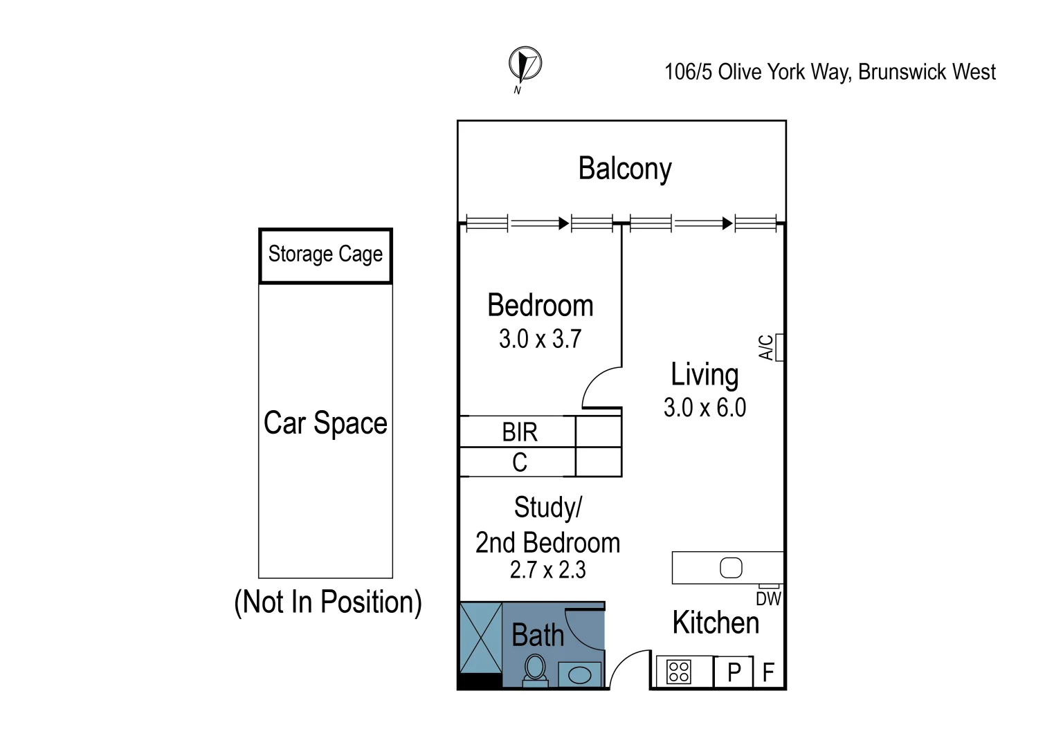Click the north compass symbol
[525, 65]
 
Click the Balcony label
[624, 169]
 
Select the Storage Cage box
[325, 255]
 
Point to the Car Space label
[325, 423]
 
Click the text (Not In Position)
[328, 602]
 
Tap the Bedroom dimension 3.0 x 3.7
[540, 339]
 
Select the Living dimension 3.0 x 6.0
[705, 407]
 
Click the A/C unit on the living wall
[779, 347]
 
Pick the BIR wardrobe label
[519, 432]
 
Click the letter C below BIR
[519, 462]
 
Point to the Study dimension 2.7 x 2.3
[547, 570]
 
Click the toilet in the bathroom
[535, 670]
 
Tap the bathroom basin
[579, 674]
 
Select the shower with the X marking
[481, 636]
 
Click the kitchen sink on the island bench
[731, 568]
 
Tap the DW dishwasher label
[768, 599]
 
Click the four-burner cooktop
[678, 672]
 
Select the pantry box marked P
[734, 672]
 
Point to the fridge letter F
[768, 672]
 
